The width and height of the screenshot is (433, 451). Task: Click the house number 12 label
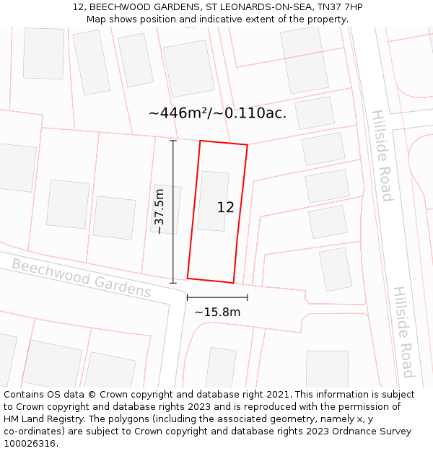tap(225, 207)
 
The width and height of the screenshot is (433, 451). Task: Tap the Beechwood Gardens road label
tap(81, 278)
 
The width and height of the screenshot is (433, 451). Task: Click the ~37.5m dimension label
tap(159, 211)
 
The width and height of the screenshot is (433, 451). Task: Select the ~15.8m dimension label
tap(217, 312)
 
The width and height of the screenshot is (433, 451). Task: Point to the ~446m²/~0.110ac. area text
tap(217, 113)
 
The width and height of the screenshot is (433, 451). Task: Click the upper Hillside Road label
tap(381, 155)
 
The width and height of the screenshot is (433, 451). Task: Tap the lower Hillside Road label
tap(403, 331)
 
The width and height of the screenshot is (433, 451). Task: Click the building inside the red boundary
tap(213, 201)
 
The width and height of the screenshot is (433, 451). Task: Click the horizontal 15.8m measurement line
tap(217, 297)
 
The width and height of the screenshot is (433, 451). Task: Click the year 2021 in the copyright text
tap(276, 395)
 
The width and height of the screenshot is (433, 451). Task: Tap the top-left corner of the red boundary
tap(200, 141)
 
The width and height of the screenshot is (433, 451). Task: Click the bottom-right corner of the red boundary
tap(233, 283)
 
